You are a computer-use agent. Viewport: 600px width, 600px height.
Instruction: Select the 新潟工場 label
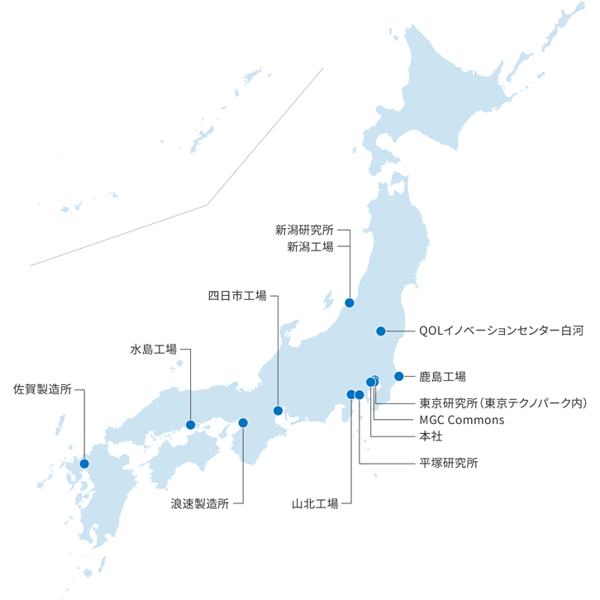(310, 246)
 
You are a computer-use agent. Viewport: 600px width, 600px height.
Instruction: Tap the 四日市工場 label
(236, 295)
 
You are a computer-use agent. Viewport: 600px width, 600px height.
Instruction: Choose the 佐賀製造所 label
(43, 388)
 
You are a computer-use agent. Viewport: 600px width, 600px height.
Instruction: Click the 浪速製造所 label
(199, 502)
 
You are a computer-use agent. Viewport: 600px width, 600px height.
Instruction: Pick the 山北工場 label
(315, 502)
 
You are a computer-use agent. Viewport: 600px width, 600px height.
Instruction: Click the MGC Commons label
(461, 419)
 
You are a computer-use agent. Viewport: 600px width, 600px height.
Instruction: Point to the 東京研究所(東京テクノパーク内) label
(502, 403)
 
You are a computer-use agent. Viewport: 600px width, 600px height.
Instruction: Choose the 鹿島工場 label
(442, 377)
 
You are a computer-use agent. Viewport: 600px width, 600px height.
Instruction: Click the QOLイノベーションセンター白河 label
(501, 331)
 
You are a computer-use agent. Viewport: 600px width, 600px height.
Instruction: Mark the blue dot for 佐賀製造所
(84, 464)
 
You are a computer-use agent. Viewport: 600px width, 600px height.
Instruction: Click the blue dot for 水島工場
(191, 425)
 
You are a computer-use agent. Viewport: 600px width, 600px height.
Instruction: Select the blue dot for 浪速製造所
(243, 423)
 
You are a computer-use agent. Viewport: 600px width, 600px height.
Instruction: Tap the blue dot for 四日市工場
(278, 411)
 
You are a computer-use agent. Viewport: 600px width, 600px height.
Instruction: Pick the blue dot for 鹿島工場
(398, 377)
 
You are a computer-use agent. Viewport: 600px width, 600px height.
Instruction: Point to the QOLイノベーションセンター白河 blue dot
(380, 331)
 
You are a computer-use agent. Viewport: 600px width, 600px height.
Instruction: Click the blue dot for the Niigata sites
(350, 302)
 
